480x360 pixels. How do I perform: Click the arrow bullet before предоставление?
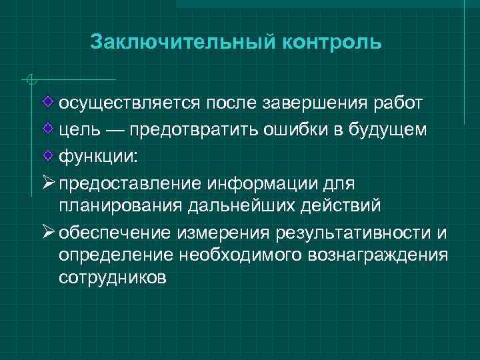[x=49, y=180]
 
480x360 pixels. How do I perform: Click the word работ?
[x=396, y=103]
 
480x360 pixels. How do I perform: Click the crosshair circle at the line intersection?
[x=29, y=81]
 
